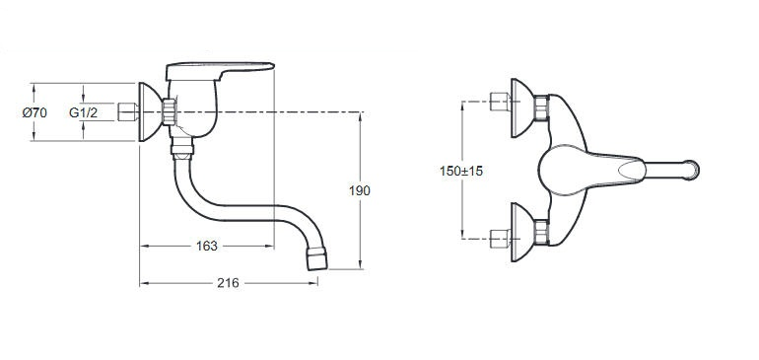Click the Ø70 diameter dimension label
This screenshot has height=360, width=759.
(x=34, y=112)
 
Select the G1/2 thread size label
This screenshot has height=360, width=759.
(x=83, y=112)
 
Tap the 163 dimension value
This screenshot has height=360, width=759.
(x=207, y=247)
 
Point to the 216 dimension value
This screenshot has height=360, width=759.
(x=228, y=283)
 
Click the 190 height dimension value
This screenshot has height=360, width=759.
(x=360, y=191)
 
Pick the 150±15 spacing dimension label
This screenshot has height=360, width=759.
(x=461, y=171)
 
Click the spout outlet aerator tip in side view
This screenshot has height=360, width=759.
(x=317, y=258)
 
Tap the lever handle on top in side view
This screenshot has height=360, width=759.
(x=220, y=70)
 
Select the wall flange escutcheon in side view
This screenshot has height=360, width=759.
(x=150, y=111)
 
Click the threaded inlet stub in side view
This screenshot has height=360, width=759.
(x=128, y=111)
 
